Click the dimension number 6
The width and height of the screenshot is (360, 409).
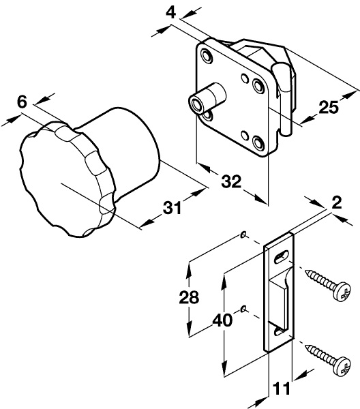[21, 102]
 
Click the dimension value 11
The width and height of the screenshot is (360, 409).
[282, 389]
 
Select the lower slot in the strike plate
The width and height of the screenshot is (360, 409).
[279, 332]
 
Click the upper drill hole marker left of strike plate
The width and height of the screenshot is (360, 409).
[243, 236]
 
